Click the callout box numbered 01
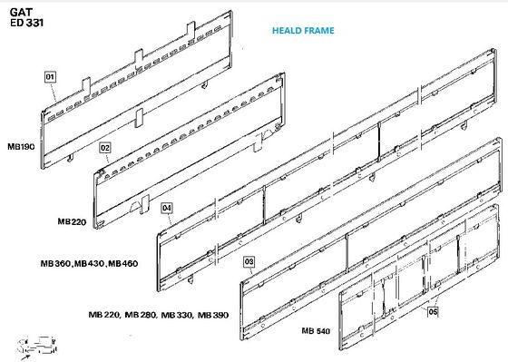click(x=50, y=77)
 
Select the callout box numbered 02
click(x=105, y=148)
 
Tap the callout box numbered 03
click(x=249, y=261)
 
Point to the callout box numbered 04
click(x=167, y=208)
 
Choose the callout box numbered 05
click(x=433, y=312)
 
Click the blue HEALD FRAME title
click(x=303, y=31)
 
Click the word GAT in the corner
click(x=21, y=13)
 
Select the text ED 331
click(x=26, y=23)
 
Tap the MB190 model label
click(x=21, y=146)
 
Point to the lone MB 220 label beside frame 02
click(x=72, y=221)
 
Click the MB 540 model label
click(x=316, y=331)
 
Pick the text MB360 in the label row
click(x=55, y=263)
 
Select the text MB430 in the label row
click(x=90, y=263)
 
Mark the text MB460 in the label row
click(x=123, y=263)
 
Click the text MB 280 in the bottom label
click(x=141, y=315)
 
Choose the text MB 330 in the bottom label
click(x=177, y=315)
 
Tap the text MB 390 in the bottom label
click(x=213, y=315)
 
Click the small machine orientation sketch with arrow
click(x=37, y=347)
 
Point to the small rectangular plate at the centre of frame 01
click(x=139, y=117)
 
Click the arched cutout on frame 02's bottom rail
click(x=135, y=207)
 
